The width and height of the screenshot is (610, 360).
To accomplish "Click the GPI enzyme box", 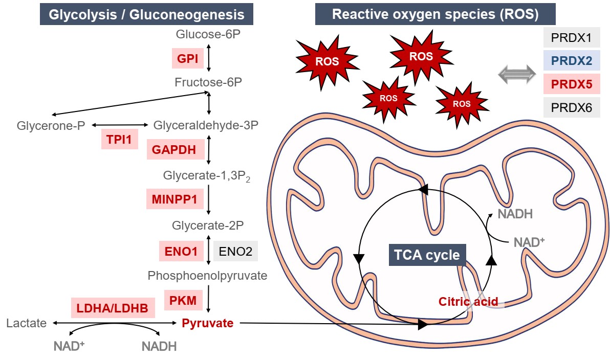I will click(184, 58).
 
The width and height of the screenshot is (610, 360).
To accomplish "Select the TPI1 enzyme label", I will click(119, 139).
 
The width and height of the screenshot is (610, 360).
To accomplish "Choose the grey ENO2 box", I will click(235, 251).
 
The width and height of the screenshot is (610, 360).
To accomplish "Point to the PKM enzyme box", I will click(182, 300).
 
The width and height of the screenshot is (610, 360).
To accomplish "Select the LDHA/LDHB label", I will click(113, 308).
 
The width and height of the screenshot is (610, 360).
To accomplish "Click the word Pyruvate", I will click(207, 323).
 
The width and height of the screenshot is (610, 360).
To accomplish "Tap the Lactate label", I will click(27, 323).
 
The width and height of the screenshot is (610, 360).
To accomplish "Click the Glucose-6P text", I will click(208, 35).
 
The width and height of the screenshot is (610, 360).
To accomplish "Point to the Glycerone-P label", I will click(51, 125).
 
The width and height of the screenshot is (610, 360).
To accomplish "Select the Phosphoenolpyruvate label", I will click(207, 276).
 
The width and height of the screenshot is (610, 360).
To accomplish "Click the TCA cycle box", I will click(427, 255).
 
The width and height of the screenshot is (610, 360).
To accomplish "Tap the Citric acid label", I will click(468, 302).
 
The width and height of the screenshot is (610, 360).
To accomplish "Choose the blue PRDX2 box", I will click(572, 62).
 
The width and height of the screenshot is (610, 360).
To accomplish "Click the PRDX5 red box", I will click(572, 85).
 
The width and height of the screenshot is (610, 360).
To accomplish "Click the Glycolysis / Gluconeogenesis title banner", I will click(146, 15).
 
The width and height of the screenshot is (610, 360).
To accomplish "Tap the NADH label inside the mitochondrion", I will click(515, 214).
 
